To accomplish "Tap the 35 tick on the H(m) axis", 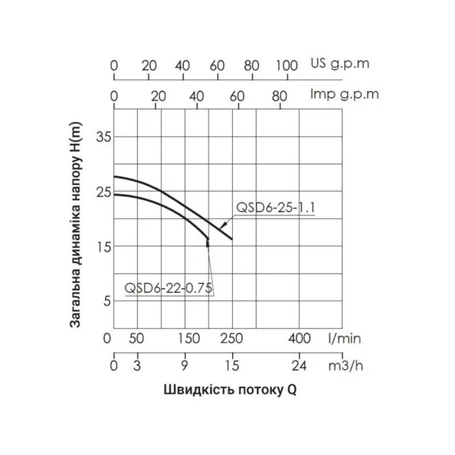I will (x=102, y=137).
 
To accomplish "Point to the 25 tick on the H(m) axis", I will (x=102, y=193).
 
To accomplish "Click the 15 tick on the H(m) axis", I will (x=102, y=246).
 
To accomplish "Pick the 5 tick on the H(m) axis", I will (x=107, y=300).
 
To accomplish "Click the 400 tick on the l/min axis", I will (x=300, y=337).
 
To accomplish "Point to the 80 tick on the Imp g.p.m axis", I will (x=278, y=96).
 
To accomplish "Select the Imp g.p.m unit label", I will (x=345, y=96).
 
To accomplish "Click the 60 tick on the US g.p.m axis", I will (x=218, y=65).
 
